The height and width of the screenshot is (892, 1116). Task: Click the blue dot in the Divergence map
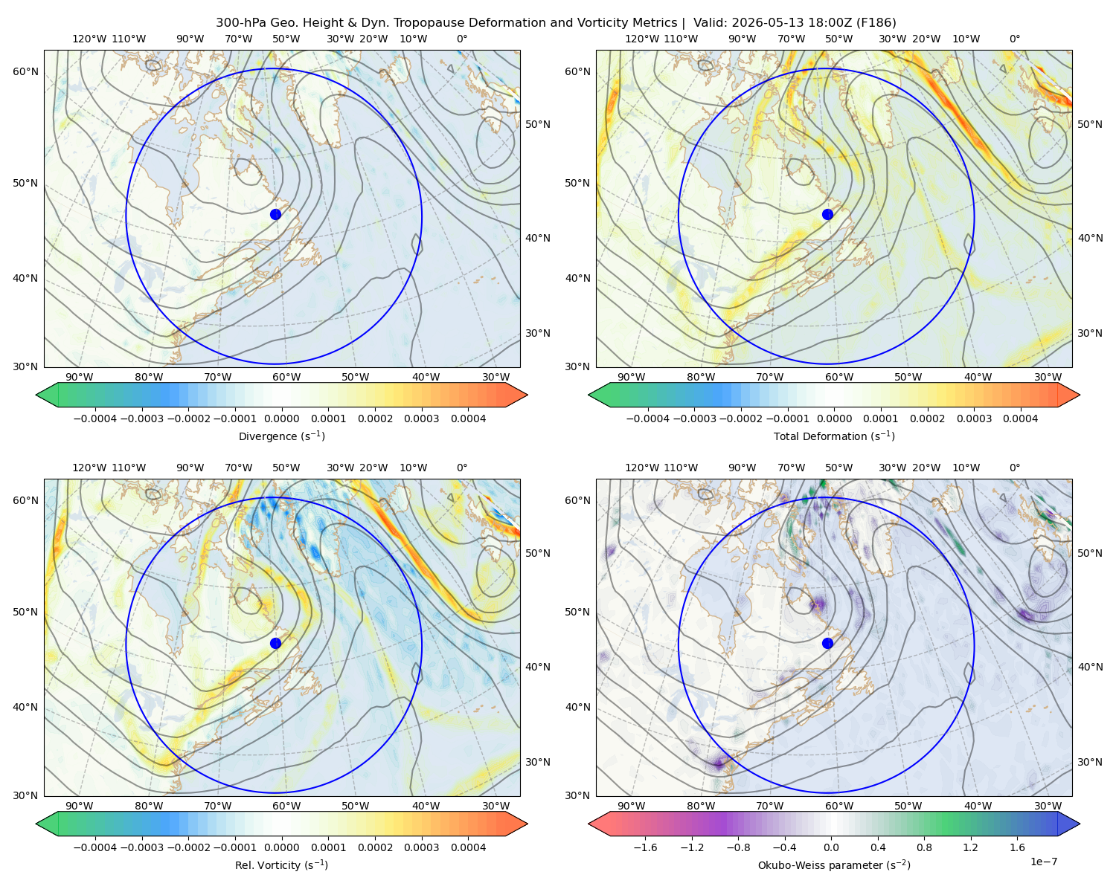(x=275, y=215)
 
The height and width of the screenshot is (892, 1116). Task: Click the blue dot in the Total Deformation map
(x=827, y=215)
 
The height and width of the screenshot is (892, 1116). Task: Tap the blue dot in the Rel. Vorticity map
(x=275, y=643)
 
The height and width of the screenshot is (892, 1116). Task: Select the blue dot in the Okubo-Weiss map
(x=827, y=643)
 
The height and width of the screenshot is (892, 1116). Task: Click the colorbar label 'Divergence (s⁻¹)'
(x=281, y=436)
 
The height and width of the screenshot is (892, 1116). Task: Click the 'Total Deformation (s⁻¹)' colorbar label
(x=834, y=436)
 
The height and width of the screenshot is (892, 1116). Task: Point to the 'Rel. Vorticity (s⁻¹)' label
(x=281, y=865)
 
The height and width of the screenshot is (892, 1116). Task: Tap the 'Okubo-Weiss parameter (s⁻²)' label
(x=834, y=865)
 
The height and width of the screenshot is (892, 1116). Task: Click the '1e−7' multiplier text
(x=1043, y=862)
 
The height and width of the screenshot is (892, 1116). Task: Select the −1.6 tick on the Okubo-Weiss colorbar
(x=645, y=847)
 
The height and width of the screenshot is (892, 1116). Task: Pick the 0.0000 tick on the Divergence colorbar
(x=281, y=418)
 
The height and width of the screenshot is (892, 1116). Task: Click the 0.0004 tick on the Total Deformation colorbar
(x=1021, y=418)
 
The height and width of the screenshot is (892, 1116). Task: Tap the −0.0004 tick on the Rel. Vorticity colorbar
(x=95, y=847)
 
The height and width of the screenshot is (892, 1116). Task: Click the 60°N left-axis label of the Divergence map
(x=25, y=71)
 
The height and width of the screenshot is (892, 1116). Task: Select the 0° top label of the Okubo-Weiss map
(x=1014, y=468)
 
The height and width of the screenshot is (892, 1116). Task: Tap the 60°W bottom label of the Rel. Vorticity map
(x=286, y=806)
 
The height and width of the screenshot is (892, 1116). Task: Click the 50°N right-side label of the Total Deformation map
(x=1090, y=124)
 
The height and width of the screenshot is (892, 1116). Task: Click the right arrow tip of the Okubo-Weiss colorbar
(x=1080, y=824)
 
